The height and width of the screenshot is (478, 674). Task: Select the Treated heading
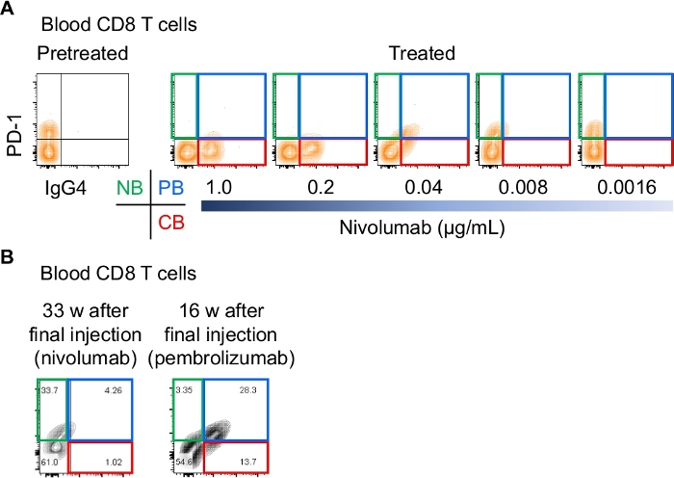click(x=421, y=52)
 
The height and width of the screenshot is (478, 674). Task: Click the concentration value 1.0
click(x=220, y=185)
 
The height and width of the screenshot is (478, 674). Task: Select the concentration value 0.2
click(x=322, y=185)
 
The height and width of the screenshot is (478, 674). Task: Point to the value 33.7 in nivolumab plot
click(x=49, y=391)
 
